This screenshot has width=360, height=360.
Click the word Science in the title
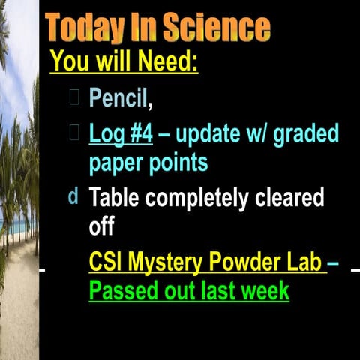[x=217, y=28]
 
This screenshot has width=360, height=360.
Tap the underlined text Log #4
[x=121, y=135]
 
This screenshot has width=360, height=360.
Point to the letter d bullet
[x=73, y=197]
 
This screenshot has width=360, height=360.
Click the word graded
[x=298, y=135]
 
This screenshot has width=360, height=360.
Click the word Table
[x=115, y=199]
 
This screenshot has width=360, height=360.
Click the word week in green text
[x=262, y=289]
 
